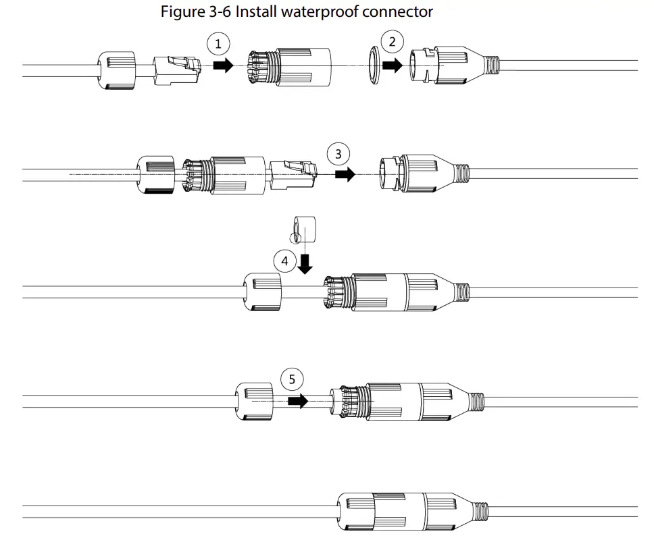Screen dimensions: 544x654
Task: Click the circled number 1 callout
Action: (x=218, y=45)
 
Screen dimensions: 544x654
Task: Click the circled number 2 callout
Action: (x=391, y=42)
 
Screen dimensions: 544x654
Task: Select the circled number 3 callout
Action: (x=338, y=154)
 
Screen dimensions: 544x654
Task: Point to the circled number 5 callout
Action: (x=292, y=379)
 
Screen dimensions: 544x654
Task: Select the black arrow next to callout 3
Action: (x=345, y=174)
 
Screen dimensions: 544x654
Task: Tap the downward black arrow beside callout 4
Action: (x=305, y=263)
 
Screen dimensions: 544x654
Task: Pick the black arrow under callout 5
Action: (x=297, y=401)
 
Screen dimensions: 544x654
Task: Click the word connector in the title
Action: (x=400, y=12)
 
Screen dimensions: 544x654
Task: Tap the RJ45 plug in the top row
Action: (x=178, y=70)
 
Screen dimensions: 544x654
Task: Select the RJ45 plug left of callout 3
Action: (x=292, y=173)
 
